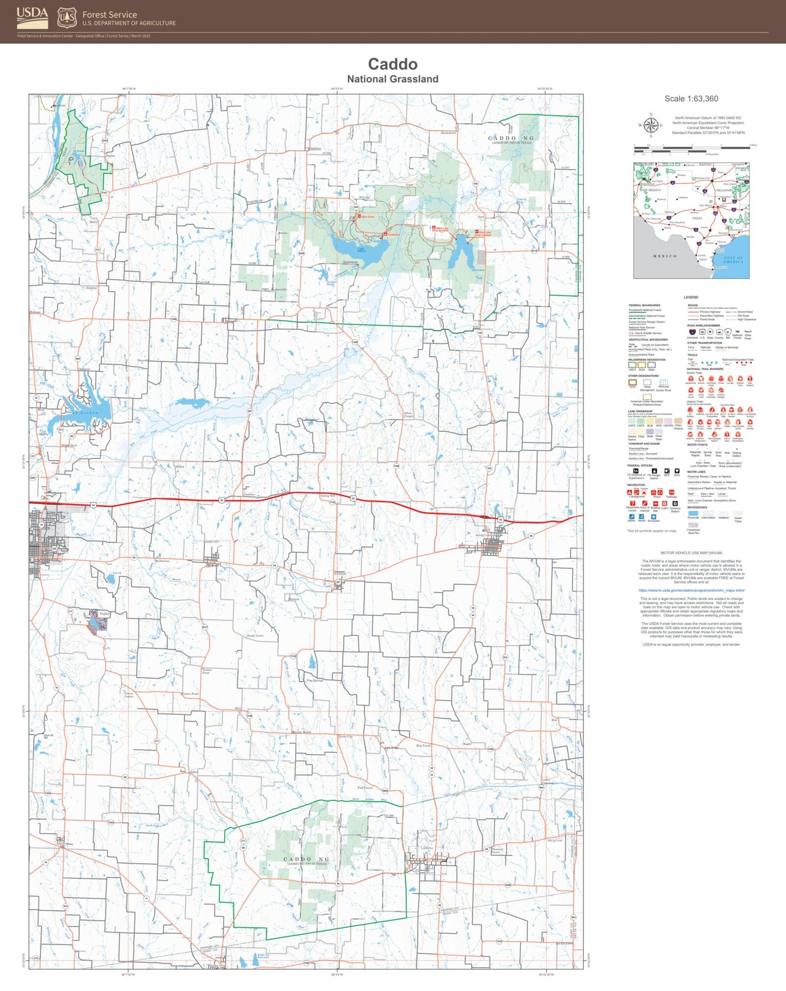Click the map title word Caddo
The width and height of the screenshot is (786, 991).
point(392,64)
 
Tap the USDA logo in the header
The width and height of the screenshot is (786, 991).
point(32,17)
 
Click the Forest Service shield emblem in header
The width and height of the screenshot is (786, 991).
point(67,17)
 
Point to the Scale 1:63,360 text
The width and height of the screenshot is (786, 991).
point(691,99)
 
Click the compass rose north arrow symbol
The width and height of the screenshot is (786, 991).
point(651,125)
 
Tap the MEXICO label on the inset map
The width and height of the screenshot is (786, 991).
point(664,256)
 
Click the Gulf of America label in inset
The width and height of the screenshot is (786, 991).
point(733,259)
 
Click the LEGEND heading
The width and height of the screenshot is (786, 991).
point(690,297)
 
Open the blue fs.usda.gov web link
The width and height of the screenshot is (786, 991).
point(691,590)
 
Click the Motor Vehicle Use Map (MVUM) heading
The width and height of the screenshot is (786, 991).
point(691,553)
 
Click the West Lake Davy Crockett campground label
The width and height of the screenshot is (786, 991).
point(440,229)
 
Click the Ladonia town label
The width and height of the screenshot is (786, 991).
point(427,848)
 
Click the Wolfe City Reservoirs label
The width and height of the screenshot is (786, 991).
point(263,956)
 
